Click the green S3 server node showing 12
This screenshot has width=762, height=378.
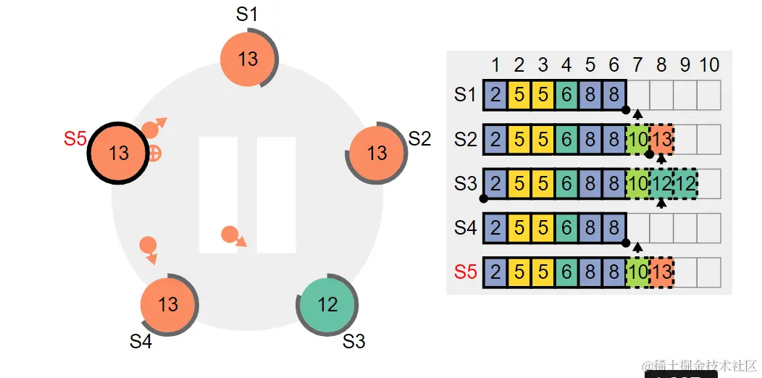click(327, 304)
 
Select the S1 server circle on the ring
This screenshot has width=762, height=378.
click(248, 59)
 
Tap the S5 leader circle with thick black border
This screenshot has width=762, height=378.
click(117, 153)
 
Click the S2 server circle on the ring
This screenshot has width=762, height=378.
click(377, 153)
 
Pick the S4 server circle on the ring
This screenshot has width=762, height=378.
click(168, 303)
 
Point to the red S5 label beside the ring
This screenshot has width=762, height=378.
click(75, 139)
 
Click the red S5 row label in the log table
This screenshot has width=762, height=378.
click(466, 272)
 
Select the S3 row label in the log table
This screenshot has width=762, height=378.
click(466, 183)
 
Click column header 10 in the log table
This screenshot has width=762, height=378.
click(709, 65)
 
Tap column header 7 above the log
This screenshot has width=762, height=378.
click(637, 65)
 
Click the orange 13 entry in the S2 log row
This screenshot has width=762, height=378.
click(661, 140)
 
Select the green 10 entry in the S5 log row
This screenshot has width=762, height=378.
click(637, 272)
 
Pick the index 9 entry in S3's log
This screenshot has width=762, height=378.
click(685, 184)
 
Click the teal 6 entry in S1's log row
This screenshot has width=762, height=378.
click(566, 96)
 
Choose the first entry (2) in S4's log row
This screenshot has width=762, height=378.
click(495, 228)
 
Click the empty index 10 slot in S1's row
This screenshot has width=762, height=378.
click(709, 96)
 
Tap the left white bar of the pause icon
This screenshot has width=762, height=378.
click(218, 194)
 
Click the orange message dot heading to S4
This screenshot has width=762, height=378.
click(148, 245)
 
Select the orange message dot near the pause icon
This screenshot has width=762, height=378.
click(230, 234)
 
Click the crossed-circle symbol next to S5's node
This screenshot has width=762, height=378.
click(154, 153)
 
